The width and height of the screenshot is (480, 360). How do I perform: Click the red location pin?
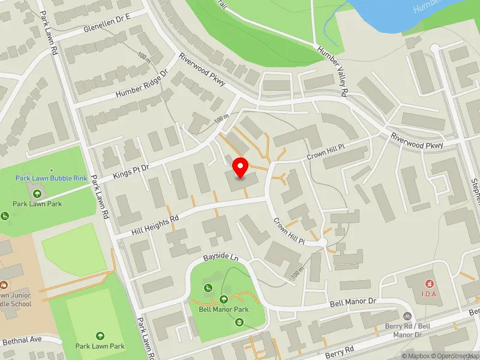coord(241,167)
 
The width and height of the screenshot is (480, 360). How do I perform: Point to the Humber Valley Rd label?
coord(333,72)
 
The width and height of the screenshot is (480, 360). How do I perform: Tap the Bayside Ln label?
coord(220,257)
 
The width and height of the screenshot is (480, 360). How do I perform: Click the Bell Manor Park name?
coord(223,310)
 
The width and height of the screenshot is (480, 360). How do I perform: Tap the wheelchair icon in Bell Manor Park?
coord(208,289)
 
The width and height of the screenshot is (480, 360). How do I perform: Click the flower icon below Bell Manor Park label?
coord(239,323)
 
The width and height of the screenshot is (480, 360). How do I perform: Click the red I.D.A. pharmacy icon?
coord(430,283)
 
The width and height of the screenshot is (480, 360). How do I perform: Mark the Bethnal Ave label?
coord(22,340)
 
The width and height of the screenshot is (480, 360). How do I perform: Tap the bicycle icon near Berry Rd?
coord(407,316)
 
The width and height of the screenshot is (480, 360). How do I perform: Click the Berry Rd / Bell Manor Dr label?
coord(408,331)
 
